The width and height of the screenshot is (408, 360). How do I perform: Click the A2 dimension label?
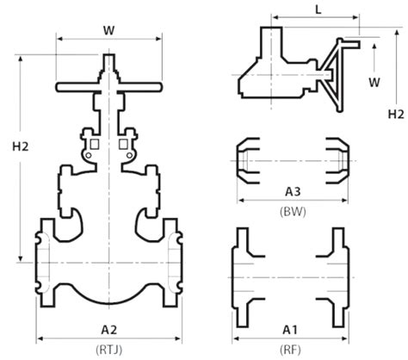108,329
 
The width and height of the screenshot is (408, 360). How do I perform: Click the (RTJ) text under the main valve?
108,349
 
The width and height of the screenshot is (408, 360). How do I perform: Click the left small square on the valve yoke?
96,142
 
